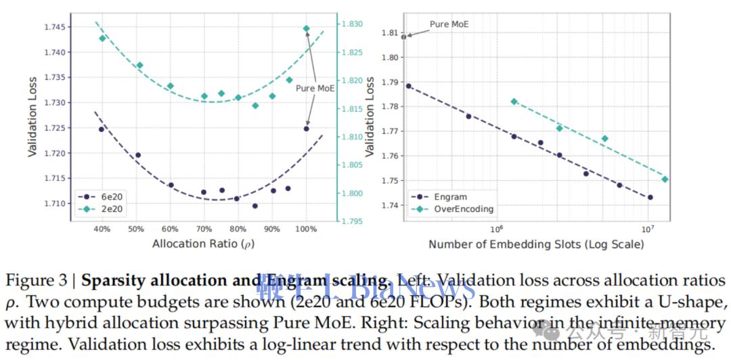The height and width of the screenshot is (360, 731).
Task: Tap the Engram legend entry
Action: [x=448, y=197]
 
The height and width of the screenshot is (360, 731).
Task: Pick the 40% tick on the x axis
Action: [x=102, y=228]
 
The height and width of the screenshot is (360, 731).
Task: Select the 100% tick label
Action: [x=306, y=228]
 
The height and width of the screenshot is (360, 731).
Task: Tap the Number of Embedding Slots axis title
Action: [x=536, y=243]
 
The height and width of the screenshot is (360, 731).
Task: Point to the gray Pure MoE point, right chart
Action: [x=404, y=37]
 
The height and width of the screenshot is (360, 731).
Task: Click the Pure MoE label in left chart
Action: [x=315, y=88]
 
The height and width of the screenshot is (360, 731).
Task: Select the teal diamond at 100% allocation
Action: [x=306, y=28]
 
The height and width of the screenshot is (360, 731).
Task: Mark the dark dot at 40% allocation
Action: [x=102, y=129]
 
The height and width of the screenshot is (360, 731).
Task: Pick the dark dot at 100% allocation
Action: [x=306, y=128]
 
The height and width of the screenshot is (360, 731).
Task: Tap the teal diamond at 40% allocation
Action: [x=102, y=38]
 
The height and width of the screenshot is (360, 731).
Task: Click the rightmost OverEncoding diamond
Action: [x=665, y=179]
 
